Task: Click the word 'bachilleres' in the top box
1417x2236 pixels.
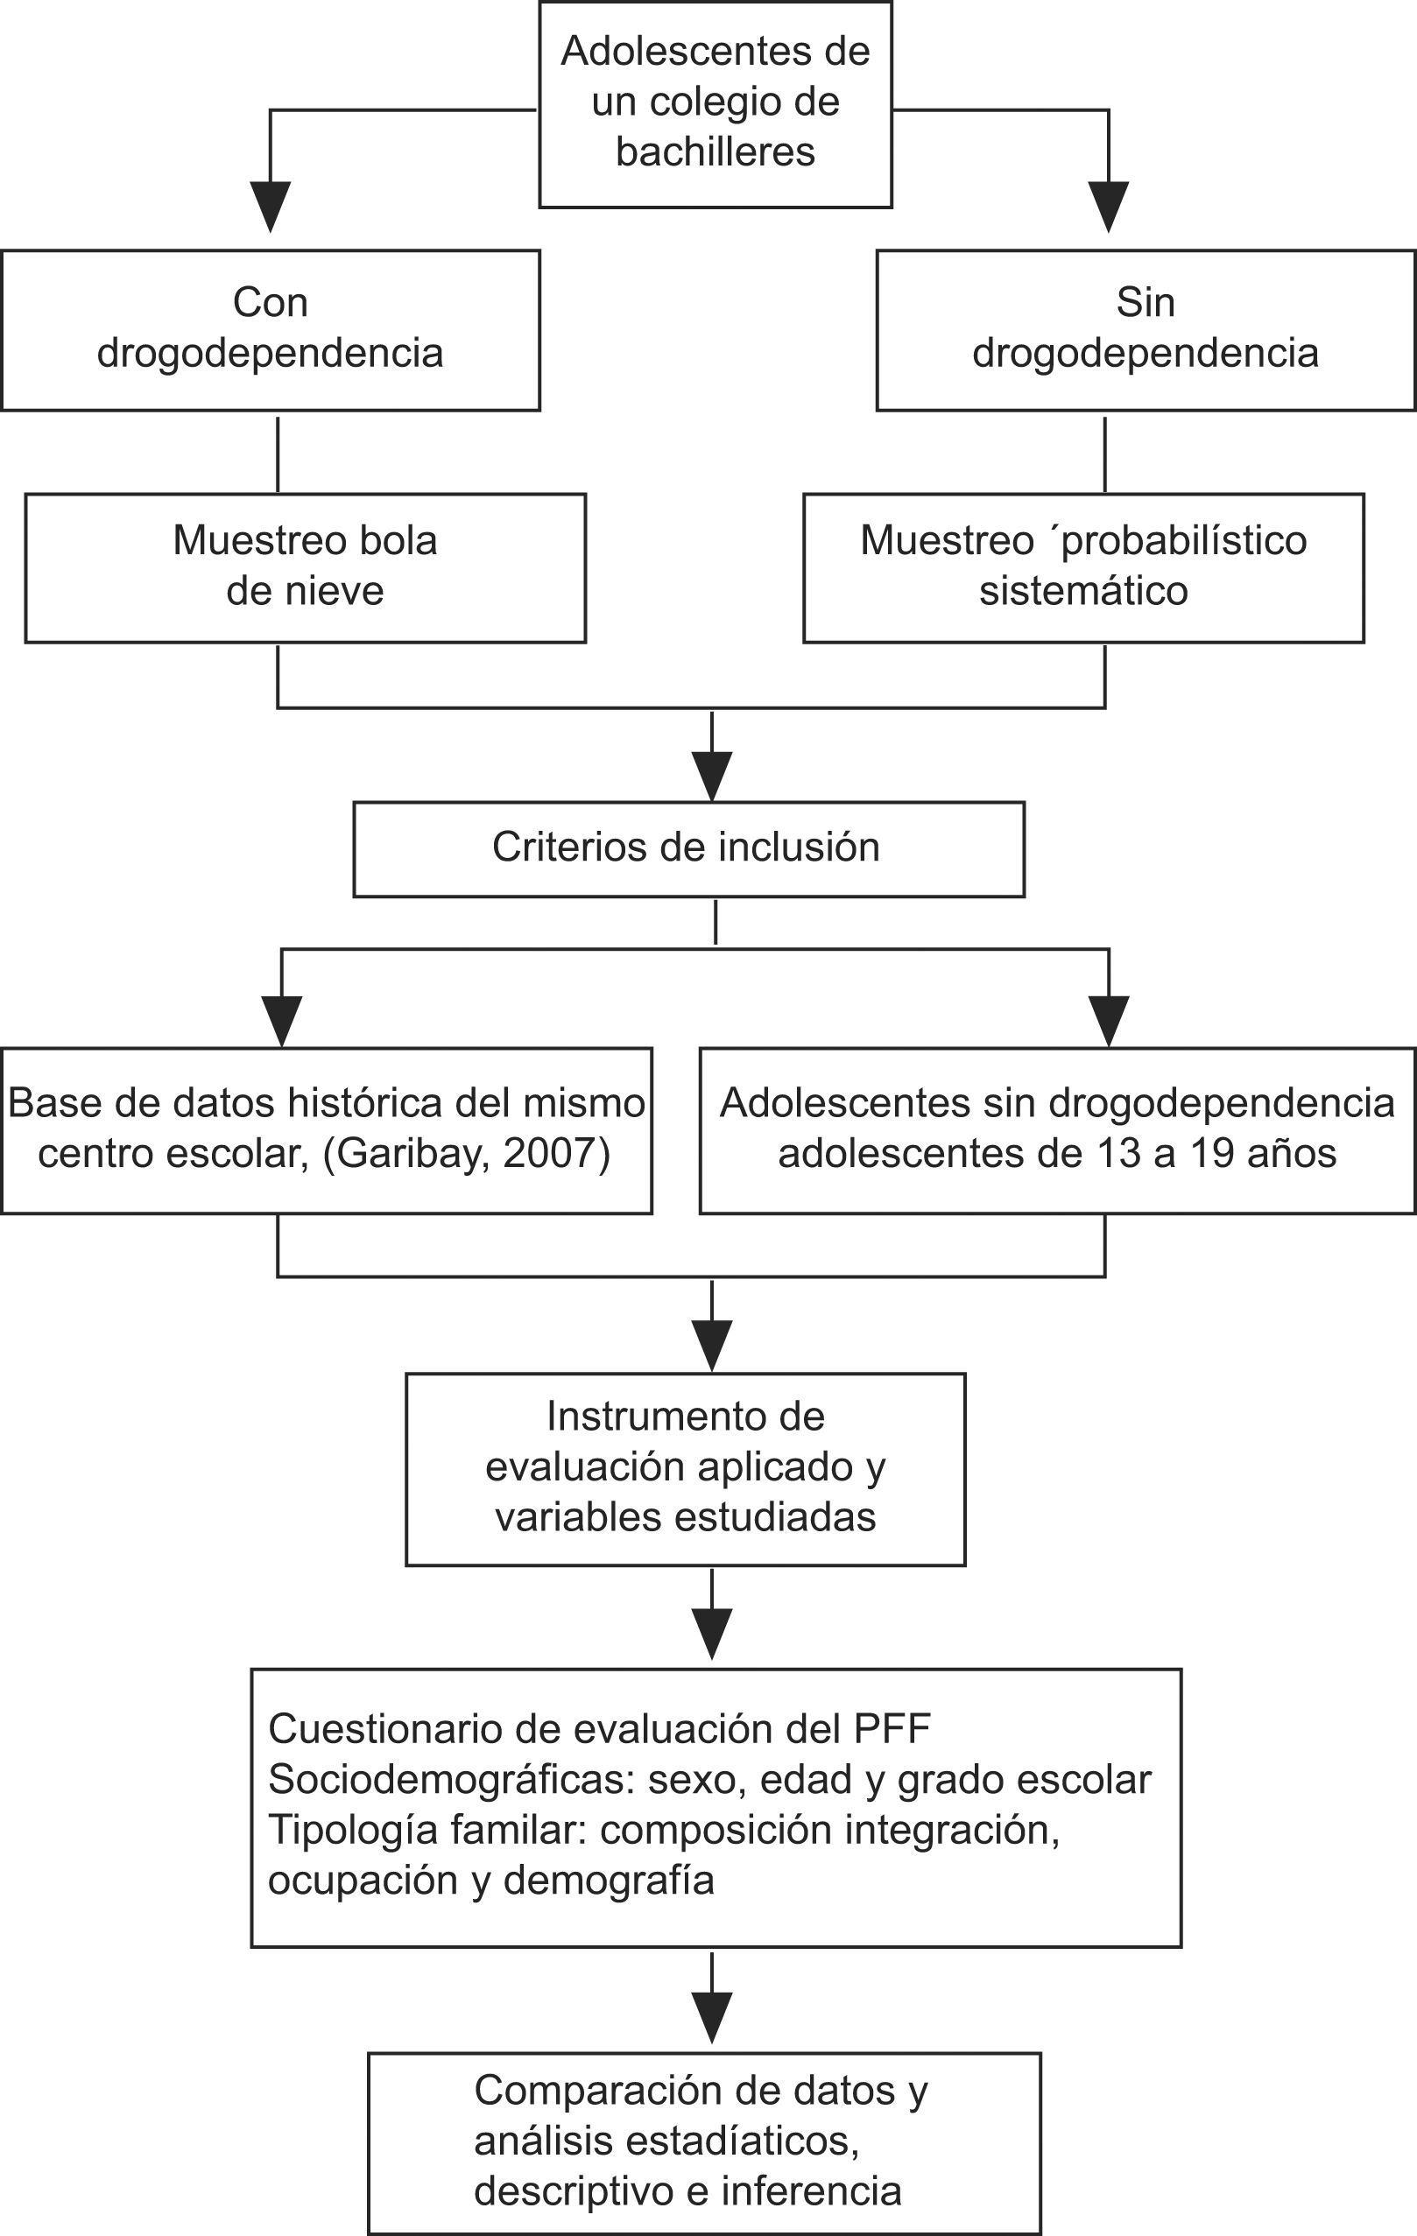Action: [715, 152]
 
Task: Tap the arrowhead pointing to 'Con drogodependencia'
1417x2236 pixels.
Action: [271, 206]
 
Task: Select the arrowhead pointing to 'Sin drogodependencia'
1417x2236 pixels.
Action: [1109, 206]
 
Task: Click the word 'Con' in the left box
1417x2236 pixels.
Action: [271, 303]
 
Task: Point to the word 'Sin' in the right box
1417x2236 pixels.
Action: [1145, 303]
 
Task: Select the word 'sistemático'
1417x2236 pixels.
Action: [1082, 592]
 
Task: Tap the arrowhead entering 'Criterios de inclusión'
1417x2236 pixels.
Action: [712, 776]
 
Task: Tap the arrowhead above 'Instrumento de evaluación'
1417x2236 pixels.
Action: [712, 1345]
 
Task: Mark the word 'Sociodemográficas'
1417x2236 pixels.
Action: [450, 1779]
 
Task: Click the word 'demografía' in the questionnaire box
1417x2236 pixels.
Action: [608, 1880]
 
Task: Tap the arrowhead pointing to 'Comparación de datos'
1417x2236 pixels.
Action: [712, 2017]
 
